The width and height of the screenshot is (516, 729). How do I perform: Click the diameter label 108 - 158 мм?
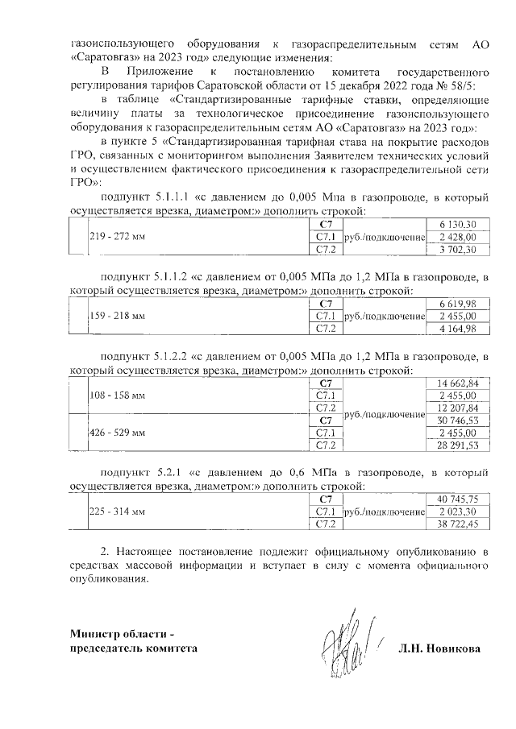coord(118,396)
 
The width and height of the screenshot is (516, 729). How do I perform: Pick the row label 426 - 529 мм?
coord(118,433)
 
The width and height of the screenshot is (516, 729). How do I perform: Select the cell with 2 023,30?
coord(458,512)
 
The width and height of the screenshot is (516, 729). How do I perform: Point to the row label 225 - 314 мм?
coord(118,512)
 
